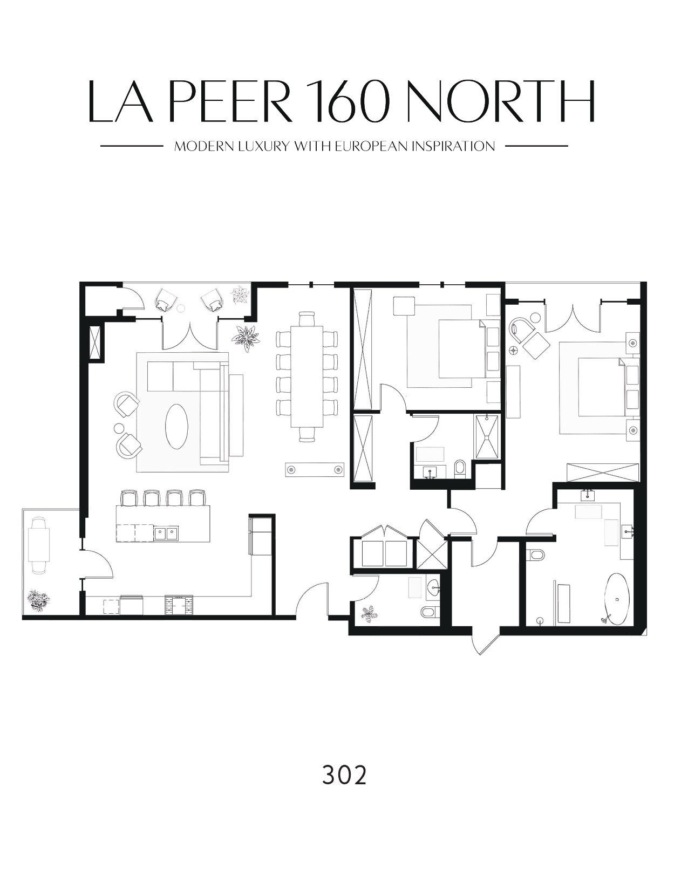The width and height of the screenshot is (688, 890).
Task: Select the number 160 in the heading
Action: tap(350, 101)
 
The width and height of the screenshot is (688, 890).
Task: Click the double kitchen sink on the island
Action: tap(166, 533)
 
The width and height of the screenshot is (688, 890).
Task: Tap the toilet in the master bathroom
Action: tap(537, 556)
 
